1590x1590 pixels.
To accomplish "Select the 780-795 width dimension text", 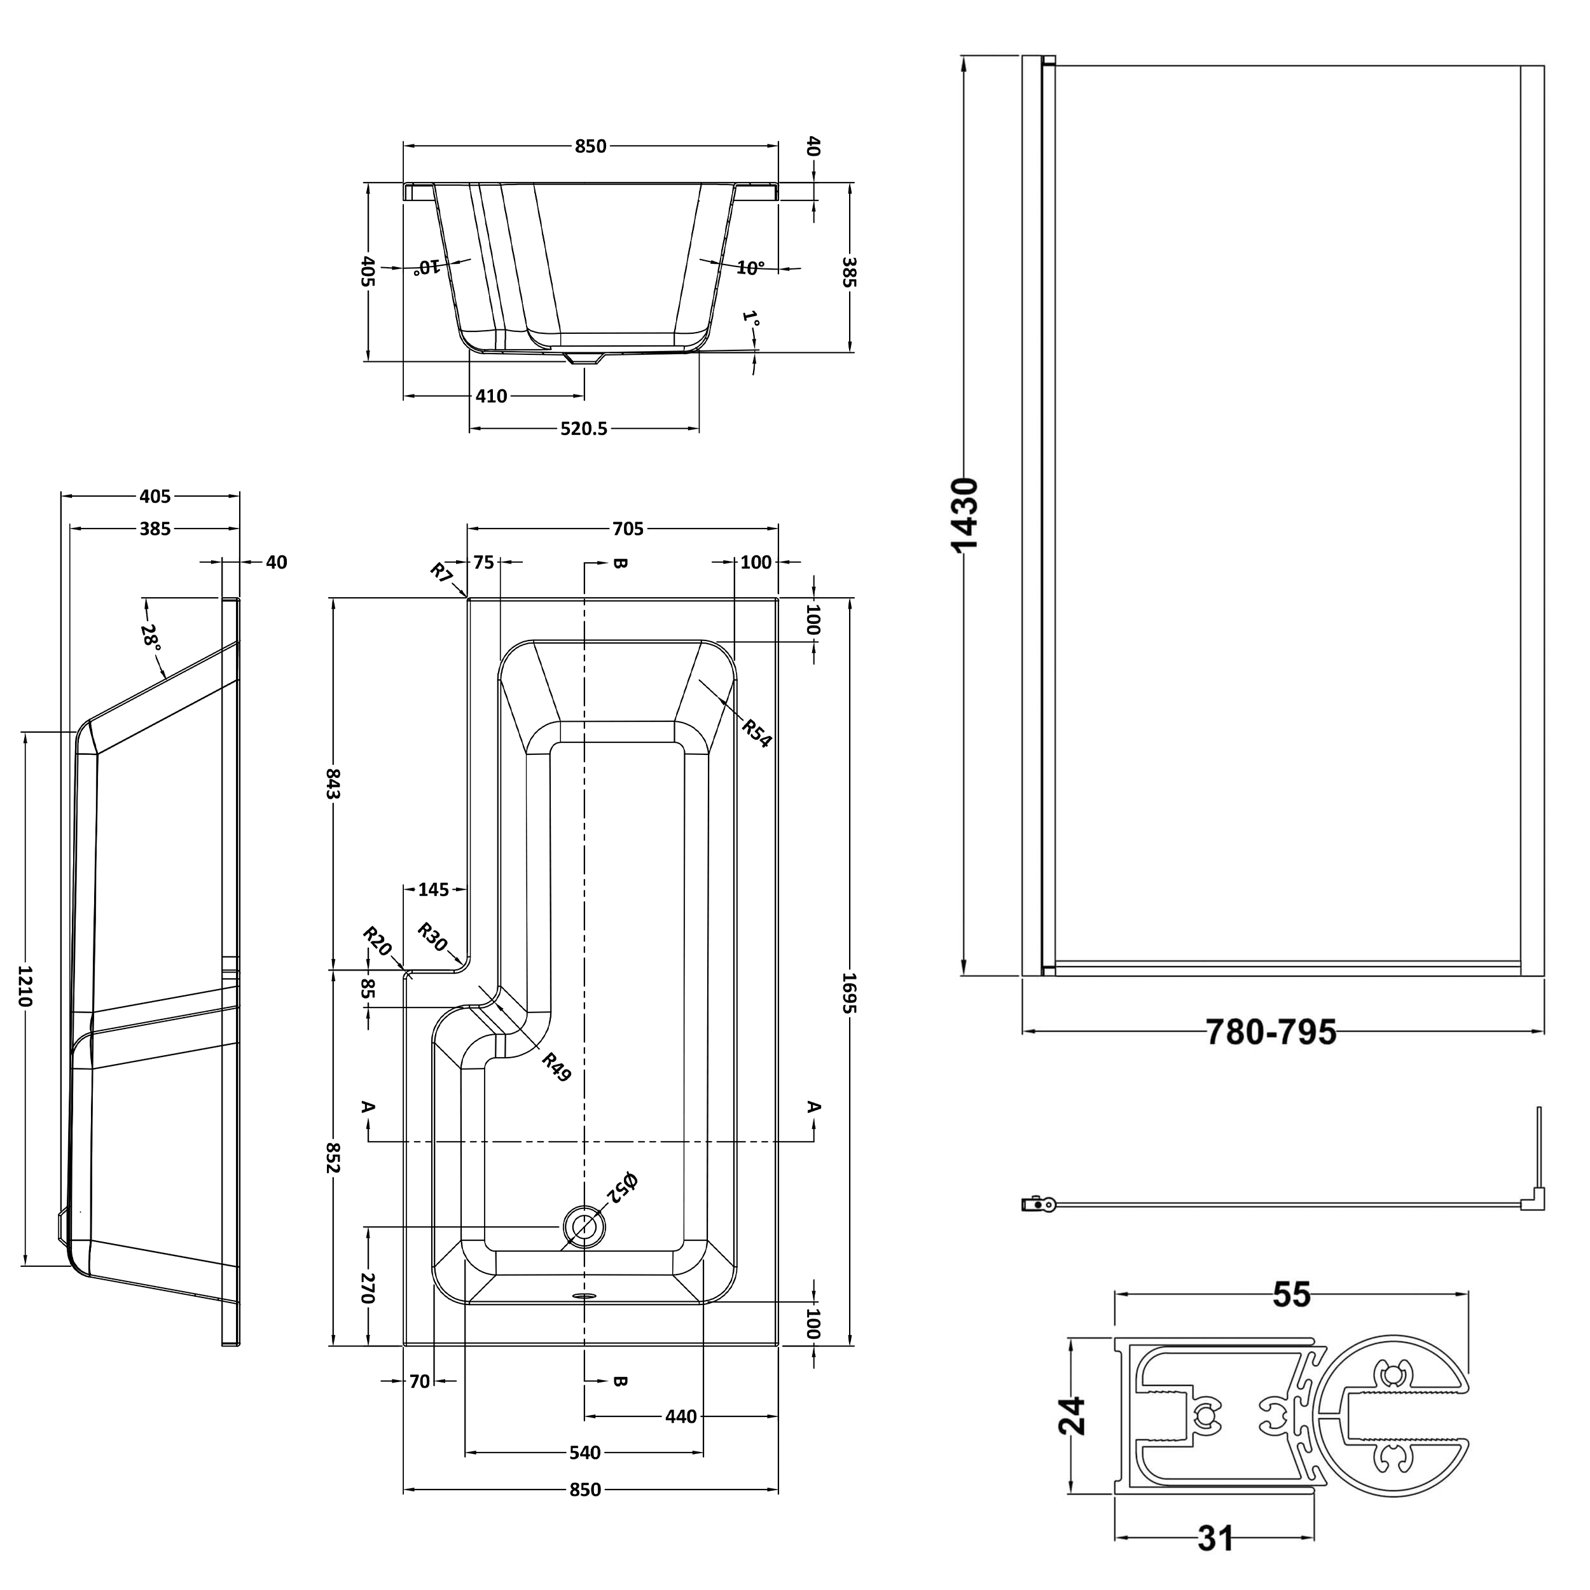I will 1271,1032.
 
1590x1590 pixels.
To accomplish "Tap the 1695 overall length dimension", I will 850,993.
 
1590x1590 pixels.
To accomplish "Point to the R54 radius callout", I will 756,731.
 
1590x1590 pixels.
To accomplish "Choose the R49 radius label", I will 556,1067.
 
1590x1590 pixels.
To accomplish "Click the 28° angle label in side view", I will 151,636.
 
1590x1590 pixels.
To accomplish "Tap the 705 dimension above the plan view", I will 627,529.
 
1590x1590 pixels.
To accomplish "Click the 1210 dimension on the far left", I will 25,987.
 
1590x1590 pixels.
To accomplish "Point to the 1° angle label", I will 750,319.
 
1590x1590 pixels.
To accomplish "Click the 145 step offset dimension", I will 434,890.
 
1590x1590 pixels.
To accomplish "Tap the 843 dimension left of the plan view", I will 333,784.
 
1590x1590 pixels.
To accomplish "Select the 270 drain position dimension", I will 368,1289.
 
